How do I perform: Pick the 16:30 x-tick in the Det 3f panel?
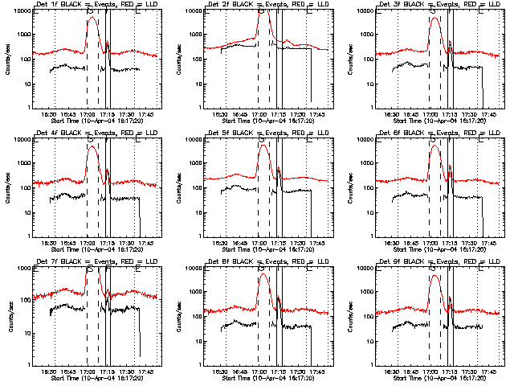pos(392,114)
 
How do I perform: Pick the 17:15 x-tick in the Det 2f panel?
pos(279,114)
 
